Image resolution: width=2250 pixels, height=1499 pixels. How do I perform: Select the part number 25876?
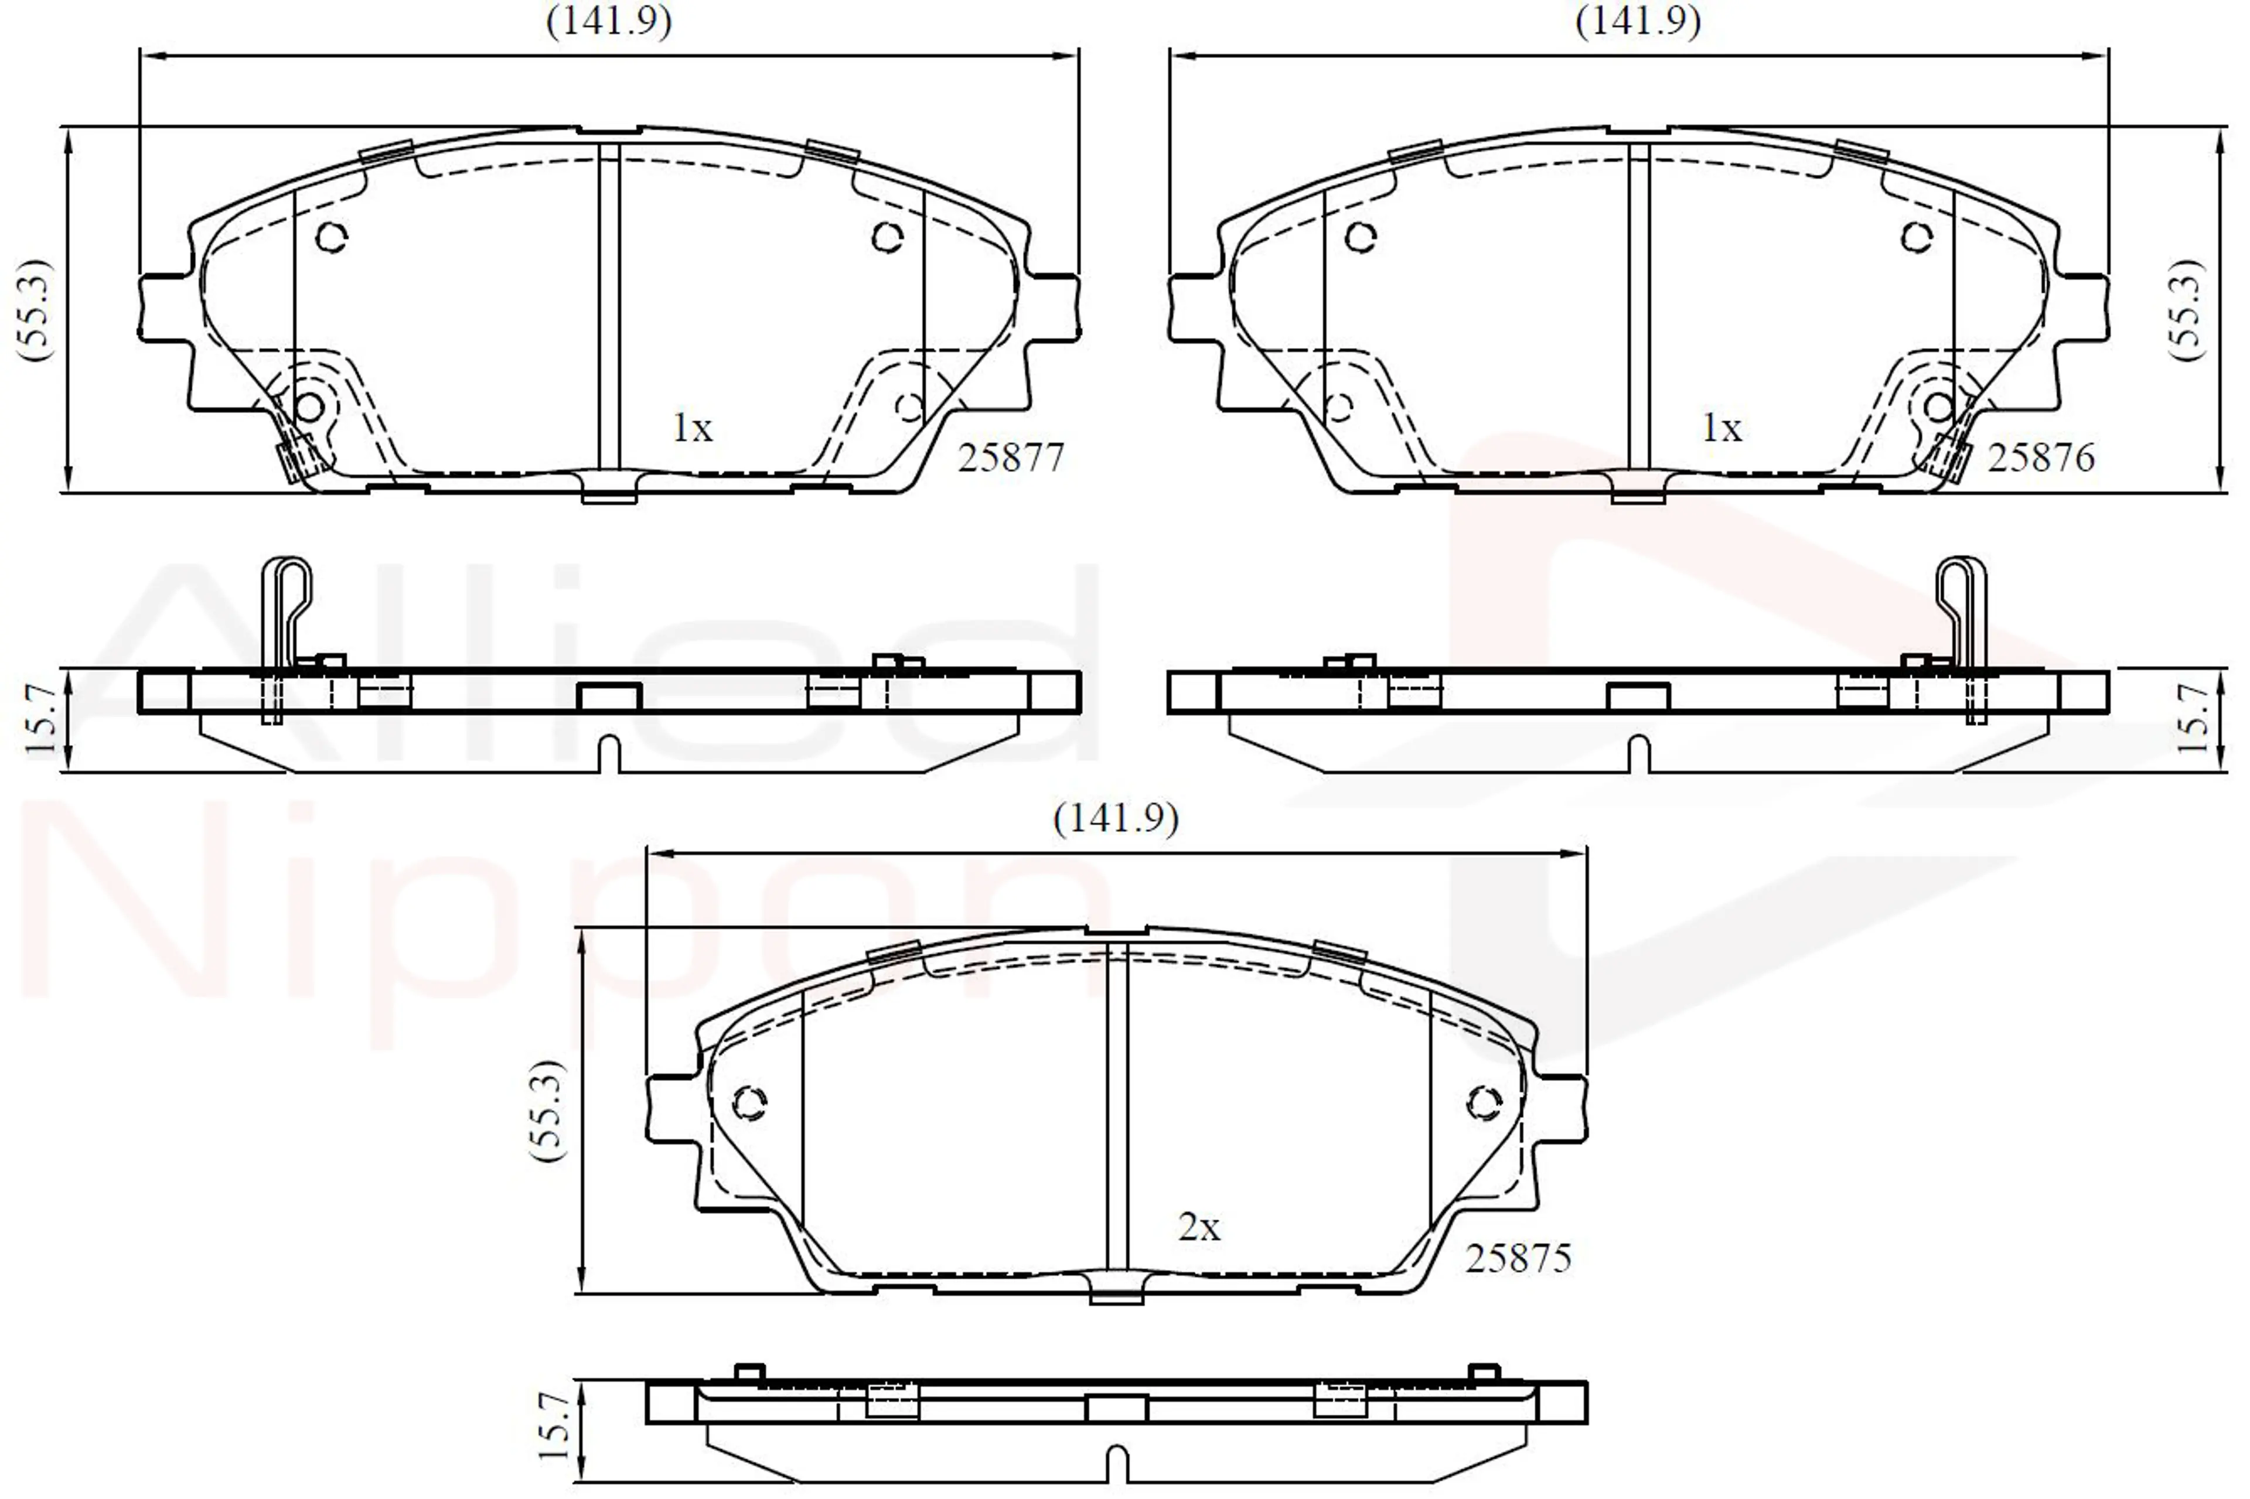coord(2041,458)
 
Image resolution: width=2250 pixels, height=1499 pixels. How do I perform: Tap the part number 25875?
coord(1518,1258)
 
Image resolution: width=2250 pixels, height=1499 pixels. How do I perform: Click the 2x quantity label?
coord(1199,1227)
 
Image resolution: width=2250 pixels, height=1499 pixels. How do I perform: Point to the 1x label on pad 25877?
coord(693,428)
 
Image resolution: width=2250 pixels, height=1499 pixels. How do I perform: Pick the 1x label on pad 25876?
coord(1721,428)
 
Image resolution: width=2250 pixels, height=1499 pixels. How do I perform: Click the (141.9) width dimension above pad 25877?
coord(609,20)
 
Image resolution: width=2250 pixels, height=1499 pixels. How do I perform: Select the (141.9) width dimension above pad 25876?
coord(1638,20)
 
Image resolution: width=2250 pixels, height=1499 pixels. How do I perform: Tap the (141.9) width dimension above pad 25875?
coord(1116,818)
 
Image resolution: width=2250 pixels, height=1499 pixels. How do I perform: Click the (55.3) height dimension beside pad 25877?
coord(35,309)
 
